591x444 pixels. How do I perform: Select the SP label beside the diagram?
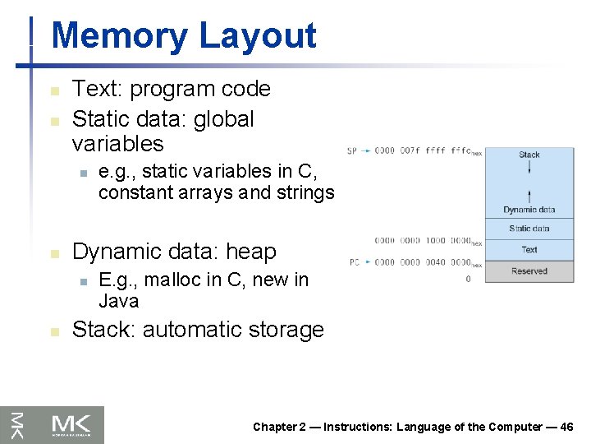pos(351,151)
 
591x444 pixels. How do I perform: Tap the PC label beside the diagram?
pos(354,262)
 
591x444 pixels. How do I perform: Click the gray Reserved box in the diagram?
pos(529,271)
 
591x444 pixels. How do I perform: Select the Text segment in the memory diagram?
pos(529,250)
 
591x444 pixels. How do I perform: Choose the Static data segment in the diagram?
pos(529,229)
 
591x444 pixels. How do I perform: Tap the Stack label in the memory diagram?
pos(529,155)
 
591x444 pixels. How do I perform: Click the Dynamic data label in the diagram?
pos(529,210)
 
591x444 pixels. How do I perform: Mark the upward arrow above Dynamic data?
pos(529,196)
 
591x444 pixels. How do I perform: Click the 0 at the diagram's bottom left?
pos(468,280)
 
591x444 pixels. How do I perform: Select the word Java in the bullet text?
pos(119,301)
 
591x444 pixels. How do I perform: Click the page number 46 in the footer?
pos(566,427)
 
